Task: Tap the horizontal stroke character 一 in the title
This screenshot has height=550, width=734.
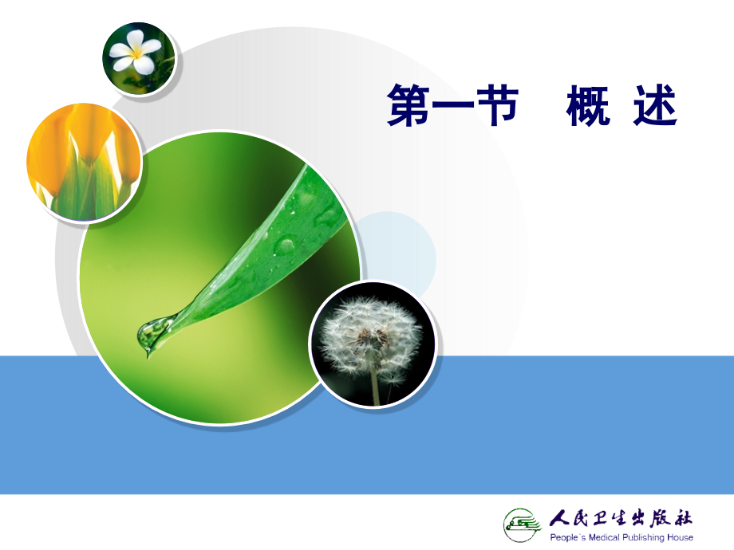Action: [x=453, y=108]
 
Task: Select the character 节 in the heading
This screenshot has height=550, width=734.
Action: [x=497, y=107]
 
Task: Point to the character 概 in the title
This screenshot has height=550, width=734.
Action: [x=589, y=107]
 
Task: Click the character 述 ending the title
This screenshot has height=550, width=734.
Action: [x=655, y=107]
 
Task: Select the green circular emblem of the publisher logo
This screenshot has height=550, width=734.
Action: [x=523, y=524]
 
